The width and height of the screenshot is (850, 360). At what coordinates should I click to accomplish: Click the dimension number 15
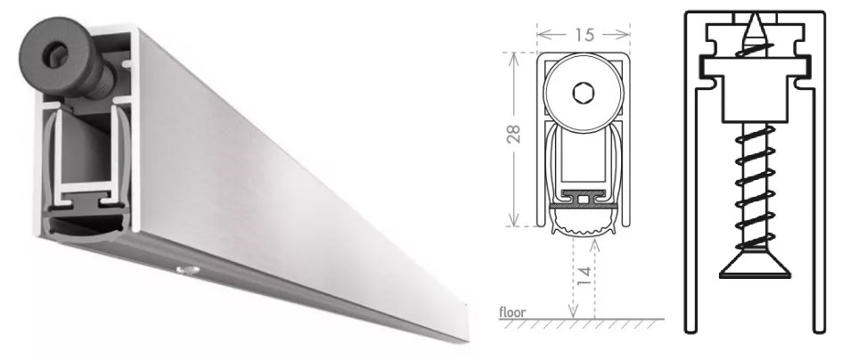click(584, 35)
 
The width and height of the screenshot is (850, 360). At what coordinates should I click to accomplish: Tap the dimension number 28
click(513, 134)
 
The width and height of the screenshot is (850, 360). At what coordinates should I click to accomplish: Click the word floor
click(512, 312)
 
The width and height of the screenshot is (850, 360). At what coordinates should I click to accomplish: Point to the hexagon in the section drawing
click(584, 94)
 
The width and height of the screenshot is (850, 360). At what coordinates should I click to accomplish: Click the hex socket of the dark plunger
click(55, 55)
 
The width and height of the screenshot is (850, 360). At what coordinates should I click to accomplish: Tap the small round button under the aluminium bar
click(188, 269)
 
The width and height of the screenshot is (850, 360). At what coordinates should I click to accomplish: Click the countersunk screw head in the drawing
click(755, 266)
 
